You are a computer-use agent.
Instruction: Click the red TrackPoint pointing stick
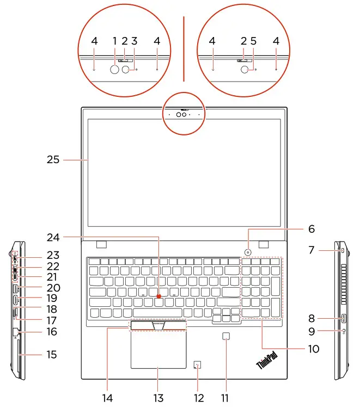pyautogui.click(x=159, y=296)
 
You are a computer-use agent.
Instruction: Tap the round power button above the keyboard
pyautogui.click(x=248, y=252)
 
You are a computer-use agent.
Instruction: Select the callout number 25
pyautogui.click(x=53, y=160)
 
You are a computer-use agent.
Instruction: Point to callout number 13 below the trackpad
pyautogui.click(x=158, y=398)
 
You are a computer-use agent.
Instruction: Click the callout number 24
pyautogui.click(x=68, y=237)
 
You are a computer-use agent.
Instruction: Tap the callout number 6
pyautogui.click(x=311, y=229)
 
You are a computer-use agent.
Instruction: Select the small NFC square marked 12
pyautogui.click(x=199, y=364)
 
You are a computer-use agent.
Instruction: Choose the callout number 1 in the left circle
pyautogui.click(x=115, y=41)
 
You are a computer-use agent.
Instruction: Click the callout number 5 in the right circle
pyautogui.click(x=253, y=41)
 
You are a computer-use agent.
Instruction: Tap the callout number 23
pyautogui.click(x=53, y=255)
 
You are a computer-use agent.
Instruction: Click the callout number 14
pyautogui.click(x=108, y=398)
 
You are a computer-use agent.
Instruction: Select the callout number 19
pyautogui.click(x=52, y=299)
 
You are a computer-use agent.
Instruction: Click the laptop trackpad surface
pyautogui.click(x=158, y=349)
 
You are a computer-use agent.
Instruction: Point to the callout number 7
pyautogui.click(x=312, y=251)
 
